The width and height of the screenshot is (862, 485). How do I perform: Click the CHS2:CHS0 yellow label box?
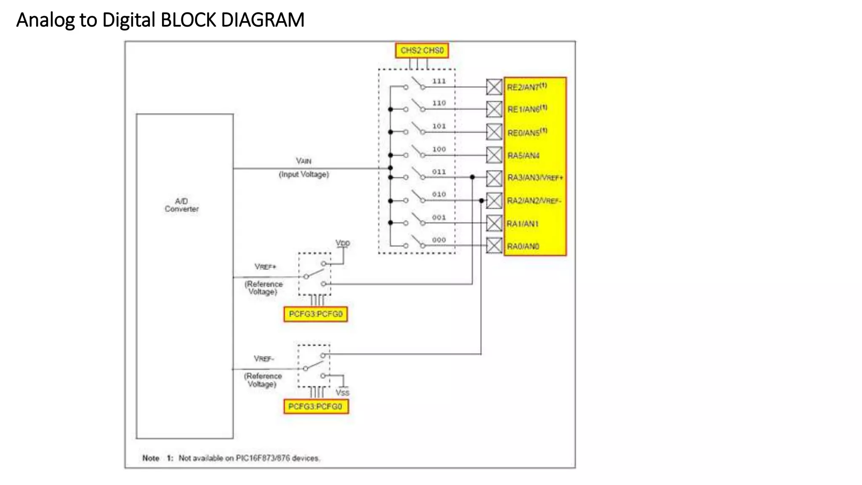pos(422,51)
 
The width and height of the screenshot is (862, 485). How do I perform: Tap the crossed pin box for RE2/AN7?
pos(494,87)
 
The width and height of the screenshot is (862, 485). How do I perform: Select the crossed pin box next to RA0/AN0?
pos(494,245)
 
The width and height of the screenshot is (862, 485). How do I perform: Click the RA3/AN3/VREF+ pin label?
pos(535,178)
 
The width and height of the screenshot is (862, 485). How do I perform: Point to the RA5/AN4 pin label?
pos(523,156)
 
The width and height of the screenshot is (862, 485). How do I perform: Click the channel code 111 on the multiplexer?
pos(439,81)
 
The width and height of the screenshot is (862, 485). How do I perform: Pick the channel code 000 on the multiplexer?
pos(439,240)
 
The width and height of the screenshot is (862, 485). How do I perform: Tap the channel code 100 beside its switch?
pos(439,149)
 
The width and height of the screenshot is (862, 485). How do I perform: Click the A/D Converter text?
pos(181,205)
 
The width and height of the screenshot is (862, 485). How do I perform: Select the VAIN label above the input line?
pos(303,161)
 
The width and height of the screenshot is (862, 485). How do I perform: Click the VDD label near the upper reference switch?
pos(343,243)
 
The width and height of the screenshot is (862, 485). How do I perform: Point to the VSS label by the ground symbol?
pos(342,393)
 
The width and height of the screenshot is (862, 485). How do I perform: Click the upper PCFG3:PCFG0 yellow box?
pos(316,314)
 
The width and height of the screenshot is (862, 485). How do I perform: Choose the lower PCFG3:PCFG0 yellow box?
pos(316,407)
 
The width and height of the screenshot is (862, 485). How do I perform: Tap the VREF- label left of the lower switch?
pos(264,359)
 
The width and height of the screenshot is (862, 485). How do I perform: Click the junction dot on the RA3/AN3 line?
pos(472,177)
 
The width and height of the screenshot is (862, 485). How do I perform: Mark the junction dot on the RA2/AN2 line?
pos(481,200)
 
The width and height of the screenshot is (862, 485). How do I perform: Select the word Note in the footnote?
pos(151,458)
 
